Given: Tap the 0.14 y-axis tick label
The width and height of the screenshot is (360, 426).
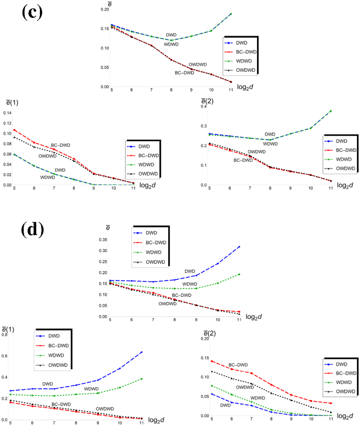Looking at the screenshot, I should tap(7, 113).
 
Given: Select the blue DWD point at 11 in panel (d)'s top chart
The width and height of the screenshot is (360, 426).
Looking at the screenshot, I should tap(239, 246).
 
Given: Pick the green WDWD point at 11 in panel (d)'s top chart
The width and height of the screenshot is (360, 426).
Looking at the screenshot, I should tap(239, 274).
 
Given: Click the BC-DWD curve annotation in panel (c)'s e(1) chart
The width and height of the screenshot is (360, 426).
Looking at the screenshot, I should tap(60, 146).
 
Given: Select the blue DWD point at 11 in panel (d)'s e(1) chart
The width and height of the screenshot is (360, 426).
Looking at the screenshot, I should tap(141, 352).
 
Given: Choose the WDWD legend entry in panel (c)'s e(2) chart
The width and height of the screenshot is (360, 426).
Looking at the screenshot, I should tap(344, 159).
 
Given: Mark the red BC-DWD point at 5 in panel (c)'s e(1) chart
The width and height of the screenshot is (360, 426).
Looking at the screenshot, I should tap(15, 130).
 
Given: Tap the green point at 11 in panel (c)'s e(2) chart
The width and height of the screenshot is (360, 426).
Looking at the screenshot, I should tap(331, 111).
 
